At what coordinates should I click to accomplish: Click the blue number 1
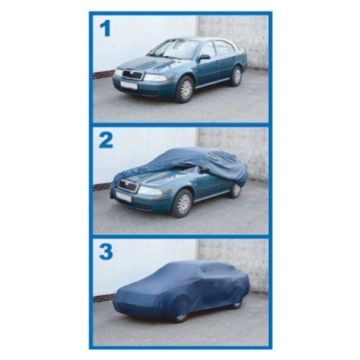106,29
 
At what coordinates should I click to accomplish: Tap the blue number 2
106,140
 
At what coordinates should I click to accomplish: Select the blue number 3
106,251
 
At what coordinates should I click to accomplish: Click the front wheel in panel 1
185,89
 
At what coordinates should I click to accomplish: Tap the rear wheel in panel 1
237,76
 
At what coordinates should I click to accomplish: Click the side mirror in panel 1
204,57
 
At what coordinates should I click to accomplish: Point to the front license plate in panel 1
129,85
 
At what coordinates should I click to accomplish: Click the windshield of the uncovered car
174,49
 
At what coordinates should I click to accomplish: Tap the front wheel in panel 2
183,203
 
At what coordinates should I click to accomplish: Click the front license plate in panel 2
124,197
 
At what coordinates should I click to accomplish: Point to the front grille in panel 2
128,186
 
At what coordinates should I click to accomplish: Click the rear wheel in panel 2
235,190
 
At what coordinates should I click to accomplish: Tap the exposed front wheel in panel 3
182,318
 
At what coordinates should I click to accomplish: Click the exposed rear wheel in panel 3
237,305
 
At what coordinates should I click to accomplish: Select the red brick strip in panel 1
103,74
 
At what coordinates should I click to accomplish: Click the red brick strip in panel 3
103,299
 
